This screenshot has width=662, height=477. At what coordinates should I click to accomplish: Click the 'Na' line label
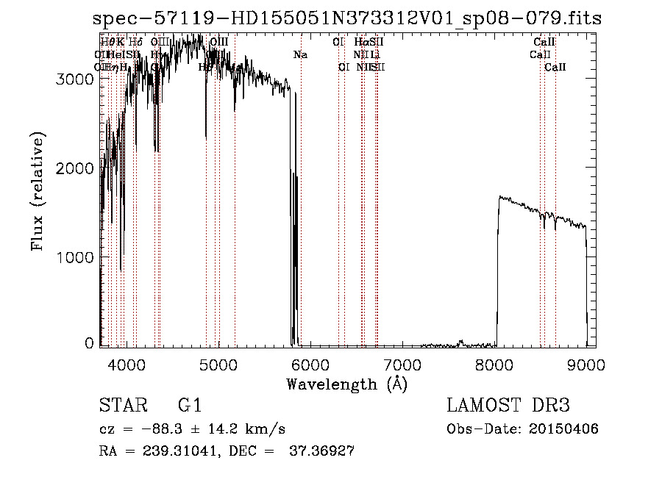tap(300, 54)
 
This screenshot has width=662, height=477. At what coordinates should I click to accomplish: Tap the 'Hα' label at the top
tap(360, 42)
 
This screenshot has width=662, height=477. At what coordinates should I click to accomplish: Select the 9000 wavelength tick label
tap(587, 363)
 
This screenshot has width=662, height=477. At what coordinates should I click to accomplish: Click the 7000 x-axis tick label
tap(402, 363)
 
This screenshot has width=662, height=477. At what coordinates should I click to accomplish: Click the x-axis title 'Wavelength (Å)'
tap(346, 384)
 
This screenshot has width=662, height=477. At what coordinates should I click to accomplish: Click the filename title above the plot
tap(346, 18)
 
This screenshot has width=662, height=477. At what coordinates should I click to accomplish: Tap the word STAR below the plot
tap(122, 406)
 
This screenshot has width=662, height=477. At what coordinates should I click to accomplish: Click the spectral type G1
tap(190, 406)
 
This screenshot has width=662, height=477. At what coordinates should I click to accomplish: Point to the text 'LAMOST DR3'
tap(508, 406)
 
